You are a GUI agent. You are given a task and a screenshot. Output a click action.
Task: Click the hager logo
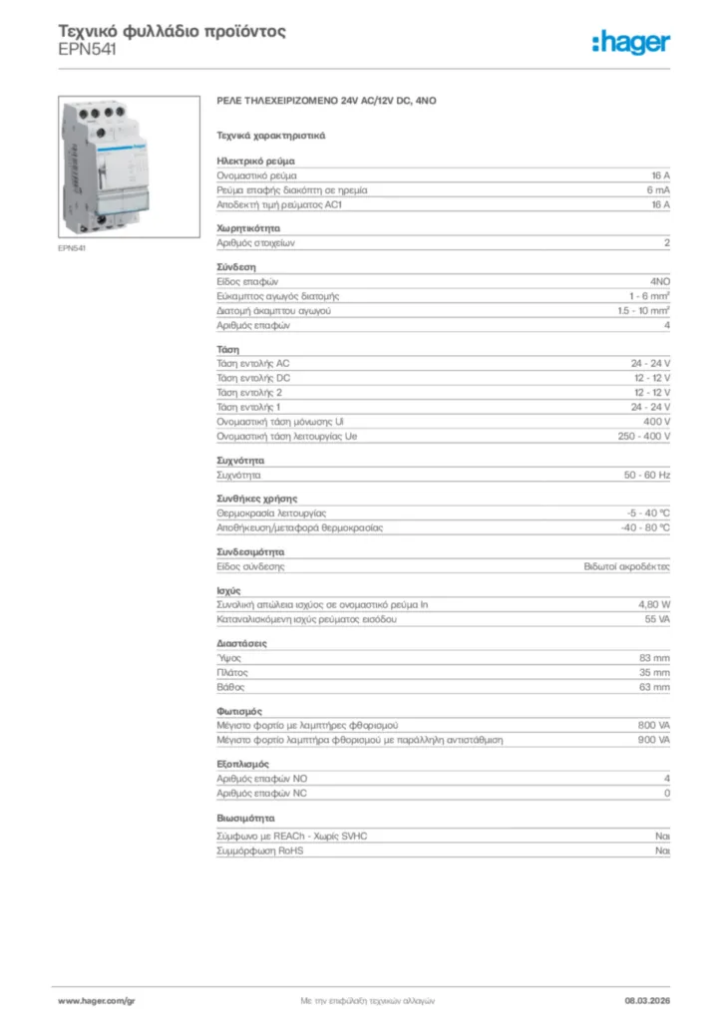click(x=631, y=42)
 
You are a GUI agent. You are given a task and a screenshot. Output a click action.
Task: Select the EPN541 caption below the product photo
click(x=72, y=248)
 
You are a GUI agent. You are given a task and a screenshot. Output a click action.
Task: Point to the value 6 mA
click(x=658, y=188)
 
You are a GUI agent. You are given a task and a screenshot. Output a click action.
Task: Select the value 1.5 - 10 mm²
click(x=643, y=311)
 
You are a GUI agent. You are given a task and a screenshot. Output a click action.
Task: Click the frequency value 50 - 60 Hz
click(x=647, y=476)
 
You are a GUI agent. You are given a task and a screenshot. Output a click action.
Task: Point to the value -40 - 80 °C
click(x=645, y=527)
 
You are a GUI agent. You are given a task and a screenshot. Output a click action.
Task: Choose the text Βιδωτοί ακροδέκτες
click(x=627, y=566)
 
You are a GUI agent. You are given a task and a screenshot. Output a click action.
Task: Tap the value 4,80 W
click(x=654, y=604)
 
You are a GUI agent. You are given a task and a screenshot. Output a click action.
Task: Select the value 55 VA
click(x=657, y=619)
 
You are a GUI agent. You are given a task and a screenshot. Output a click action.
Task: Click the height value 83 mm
click(x=654, y=658)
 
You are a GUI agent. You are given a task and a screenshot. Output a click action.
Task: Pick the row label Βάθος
click(x=230, y=687)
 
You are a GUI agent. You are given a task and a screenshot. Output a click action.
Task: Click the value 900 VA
click(x=653, y=741)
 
